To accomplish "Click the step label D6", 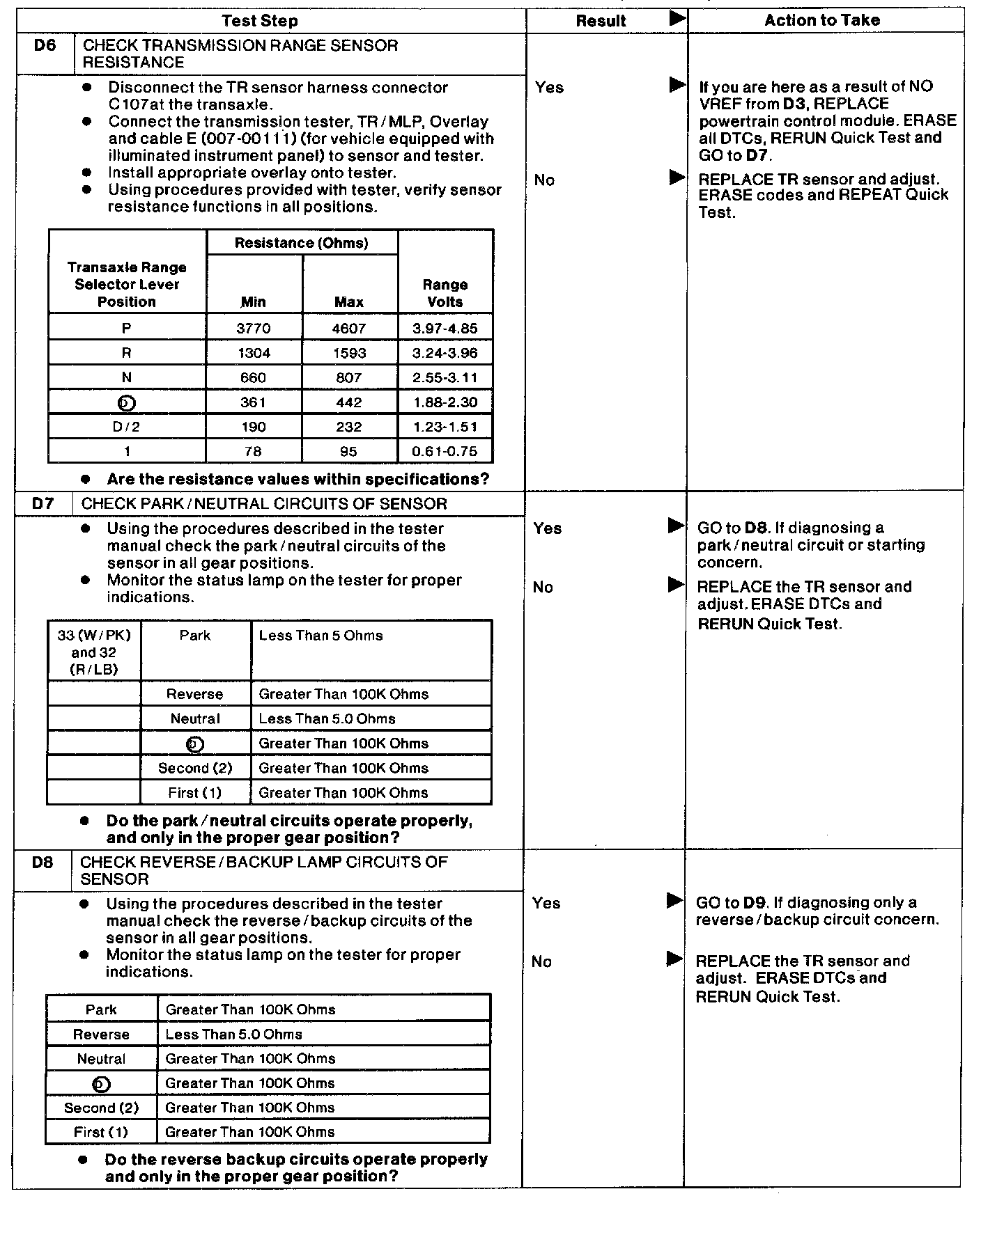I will pyautogui.click(x=45, y=46).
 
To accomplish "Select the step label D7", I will pyautogui.click(x=43, y=503).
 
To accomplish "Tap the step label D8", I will pyautogui.click(x=43, y=863).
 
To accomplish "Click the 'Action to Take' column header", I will pyautogui.click(x=822, y=20).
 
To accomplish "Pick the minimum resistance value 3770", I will pyautogui.click(x=254, y=328).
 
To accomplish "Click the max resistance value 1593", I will pyautogui.click(x=349, y=353).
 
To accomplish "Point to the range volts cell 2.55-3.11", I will pyautogui.click(x=445, y=377).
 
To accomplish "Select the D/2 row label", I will pyautogui.click(x=127, y=427).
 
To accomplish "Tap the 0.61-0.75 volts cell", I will pyautogui.click(x=445, y=451).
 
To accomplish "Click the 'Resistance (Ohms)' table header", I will pyautogui.click(x=302, y=243).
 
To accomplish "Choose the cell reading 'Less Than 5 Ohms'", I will pyautogui.click(x=320, y=636).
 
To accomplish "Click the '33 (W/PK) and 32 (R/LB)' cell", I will pyautogui.click(x=94, y=652).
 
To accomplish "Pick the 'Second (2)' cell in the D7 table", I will pyautogui.click(x=195, y=768).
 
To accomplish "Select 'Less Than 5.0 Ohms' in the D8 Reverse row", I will pyautogui.click(x=233, y=1035).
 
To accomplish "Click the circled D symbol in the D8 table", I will pyautogui.click(x=101, y=1084).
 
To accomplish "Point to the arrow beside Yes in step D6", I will pyautogui.click(x=677, y=85).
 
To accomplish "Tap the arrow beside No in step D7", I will pyautogui.click(x=675, y=585).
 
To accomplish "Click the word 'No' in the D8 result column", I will pyautogui.click(x=541, y=961).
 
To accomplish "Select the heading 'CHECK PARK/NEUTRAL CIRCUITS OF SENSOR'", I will pyautogui.click(x=264, y=503).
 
